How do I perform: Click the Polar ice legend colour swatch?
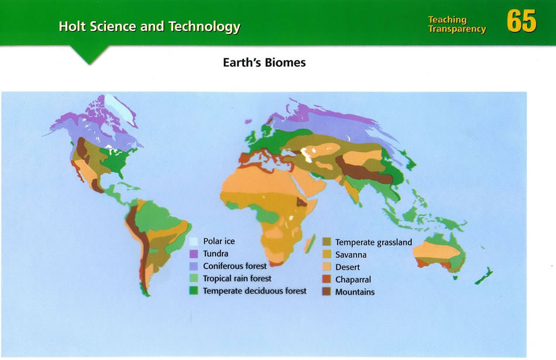[193, 241]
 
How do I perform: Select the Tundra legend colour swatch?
[193, 253]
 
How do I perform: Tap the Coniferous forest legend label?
[235, 266]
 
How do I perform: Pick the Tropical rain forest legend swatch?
[193, 279]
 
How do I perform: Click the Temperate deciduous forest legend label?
[255, 291]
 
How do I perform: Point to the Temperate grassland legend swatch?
[327, 242]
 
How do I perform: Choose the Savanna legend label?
[351, 255]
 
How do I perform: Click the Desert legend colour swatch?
[327, 267]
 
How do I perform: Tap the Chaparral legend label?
[353, 279]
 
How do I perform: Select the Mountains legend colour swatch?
[327, 292]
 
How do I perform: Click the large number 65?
[521, 21]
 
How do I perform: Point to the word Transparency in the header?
[457, 29]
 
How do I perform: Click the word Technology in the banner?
[204, 26]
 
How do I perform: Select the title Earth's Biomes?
[264, 63]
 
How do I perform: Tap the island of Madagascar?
[310, 244]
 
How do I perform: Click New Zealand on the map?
[484, 276]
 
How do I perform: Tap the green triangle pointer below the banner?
[90, 54]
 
